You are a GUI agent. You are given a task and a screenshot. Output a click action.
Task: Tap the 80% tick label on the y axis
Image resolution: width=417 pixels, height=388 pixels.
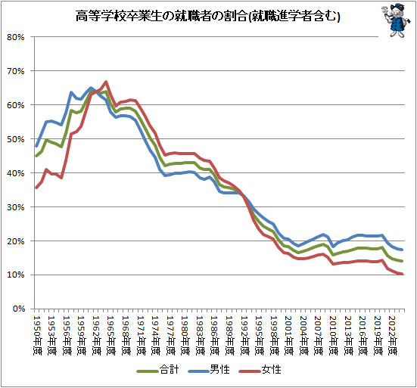pyautogui.click(x=17, y=37)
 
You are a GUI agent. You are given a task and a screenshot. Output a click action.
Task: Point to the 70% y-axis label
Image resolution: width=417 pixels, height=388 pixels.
pyautogui.click(x=17, y=71)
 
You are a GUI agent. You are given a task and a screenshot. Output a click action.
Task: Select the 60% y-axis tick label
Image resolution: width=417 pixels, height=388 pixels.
pyautogui.click(x=17, y=105)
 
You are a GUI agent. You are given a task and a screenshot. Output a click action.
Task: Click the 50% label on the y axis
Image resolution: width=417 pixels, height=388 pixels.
pyautogui.click(x=17, y=139)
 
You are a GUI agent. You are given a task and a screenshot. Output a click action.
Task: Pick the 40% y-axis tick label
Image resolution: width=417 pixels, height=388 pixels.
pyautogui.click(x=17, y=173)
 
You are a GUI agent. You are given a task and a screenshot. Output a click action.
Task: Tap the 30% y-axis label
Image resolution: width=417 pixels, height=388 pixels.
pyautogui.click(x=17, y=207)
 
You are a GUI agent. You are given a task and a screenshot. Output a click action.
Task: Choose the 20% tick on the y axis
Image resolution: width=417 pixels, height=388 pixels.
pyautogui.click(x=17, y=241)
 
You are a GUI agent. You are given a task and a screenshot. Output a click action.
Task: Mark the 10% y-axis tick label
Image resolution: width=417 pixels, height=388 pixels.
pyautogui.click(x=17, y=275)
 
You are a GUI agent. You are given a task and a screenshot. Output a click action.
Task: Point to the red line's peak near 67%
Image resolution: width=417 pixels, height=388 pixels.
pyautogui.click(x=106, y=82)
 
